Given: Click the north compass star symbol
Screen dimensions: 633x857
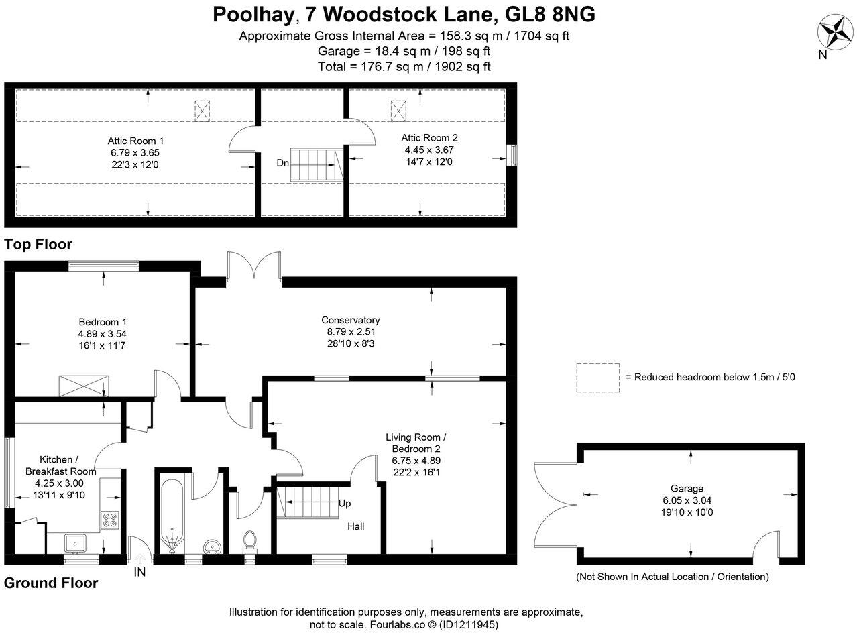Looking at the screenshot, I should tap(834, 32).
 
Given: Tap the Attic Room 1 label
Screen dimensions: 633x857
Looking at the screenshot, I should tap(135, 141).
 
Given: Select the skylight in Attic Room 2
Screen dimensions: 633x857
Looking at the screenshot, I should tap(398, 109).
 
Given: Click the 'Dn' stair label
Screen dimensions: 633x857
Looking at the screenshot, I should tap(282, 163).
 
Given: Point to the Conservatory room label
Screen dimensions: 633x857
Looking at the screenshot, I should tap(350, 320).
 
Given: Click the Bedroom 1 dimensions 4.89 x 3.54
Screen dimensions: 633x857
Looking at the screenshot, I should tap(103, 333).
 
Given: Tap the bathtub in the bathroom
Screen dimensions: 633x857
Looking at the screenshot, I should tap(172, 514).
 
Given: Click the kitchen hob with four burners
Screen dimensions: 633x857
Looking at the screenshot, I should tap(109, 520).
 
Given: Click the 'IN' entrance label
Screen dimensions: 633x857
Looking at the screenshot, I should tap(139, 572).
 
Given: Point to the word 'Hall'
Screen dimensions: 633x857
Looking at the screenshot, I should tap(356, 526).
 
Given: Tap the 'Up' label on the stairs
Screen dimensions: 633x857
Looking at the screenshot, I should tap(345, 503).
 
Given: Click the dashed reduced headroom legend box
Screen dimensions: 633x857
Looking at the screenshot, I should tap(597, 378).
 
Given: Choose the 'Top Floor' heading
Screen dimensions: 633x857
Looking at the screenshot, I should tap(38, 244).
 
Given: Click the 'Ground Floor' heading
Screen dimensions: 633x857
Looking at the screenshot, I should tap(51, 583).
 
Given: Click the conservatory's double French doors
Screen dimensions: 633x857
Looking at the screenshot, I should tap(254, 266).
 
